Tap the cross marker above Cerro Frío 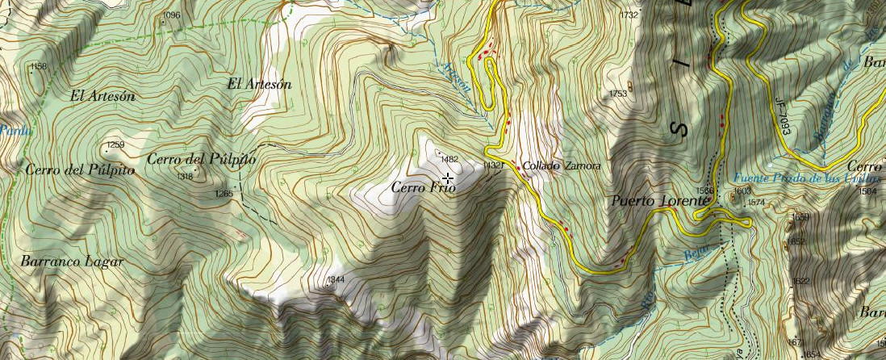point(447,178)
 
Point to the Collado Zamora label point(561,166)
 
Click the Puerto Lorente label point(654,201)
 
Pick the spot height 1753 point(617,94)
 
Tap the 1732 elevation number point(629,15)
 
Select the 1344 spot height point(336,280)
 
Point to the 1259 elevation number point(115,145)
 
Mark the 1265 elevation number point(224,194)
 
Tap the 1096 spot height point(171,15)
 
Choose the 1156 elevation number point(38,66)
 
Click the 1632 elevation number point(800,281)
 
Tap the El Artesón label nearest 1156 point(102,95)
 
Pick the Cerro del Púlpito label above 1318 point(201,160)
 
